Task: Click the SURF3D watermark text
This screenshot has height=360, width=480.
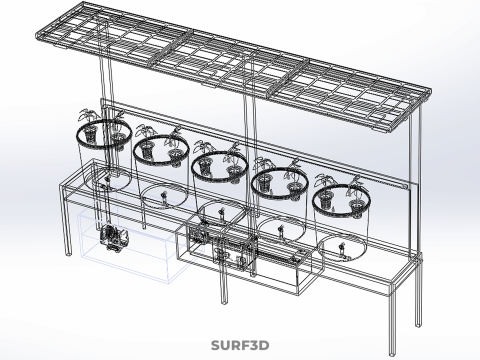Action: coord(240,346)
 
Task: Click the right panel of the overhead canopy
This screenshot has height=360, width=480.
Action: coord(350,95)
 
